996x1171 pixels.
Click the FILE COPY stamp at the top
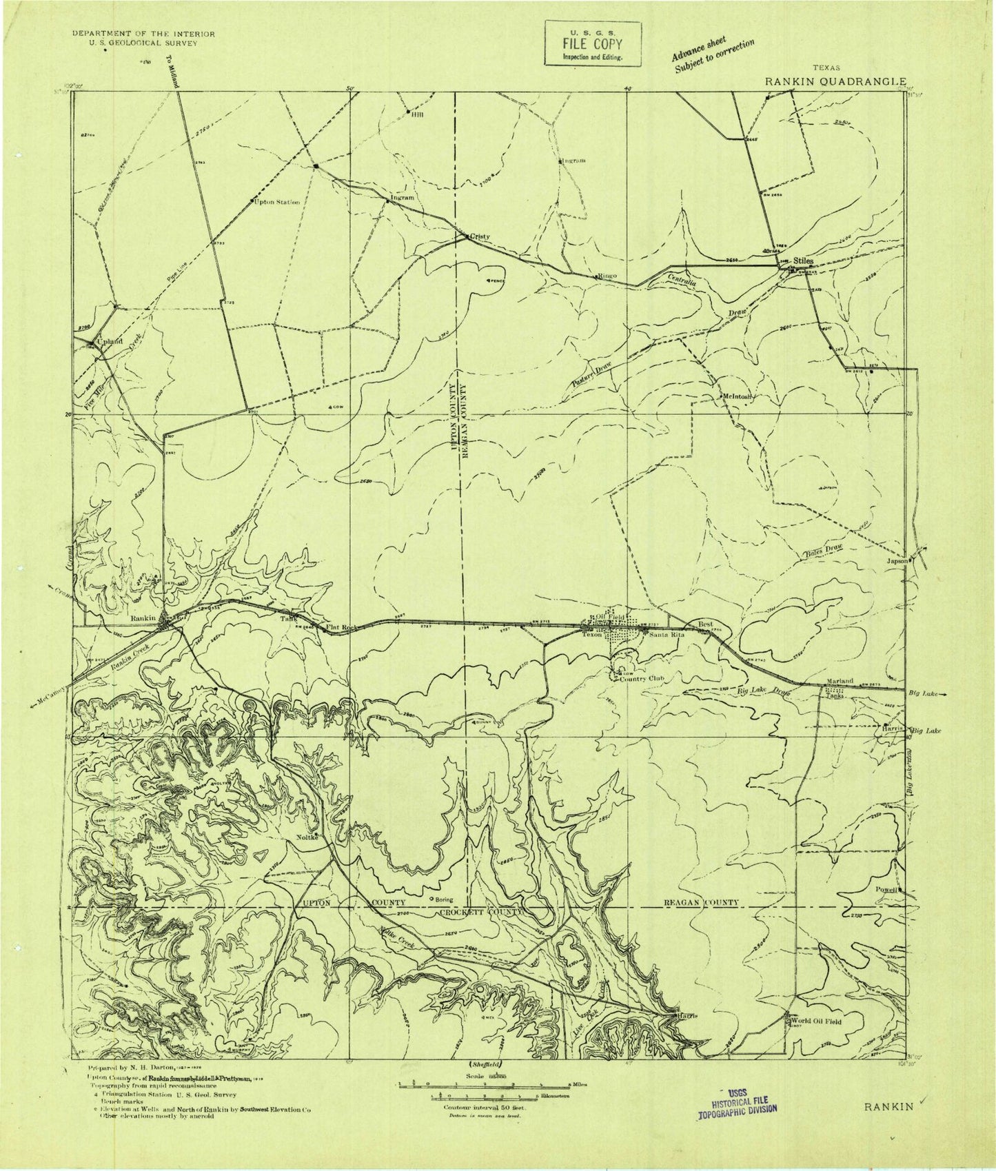[x=593, y=43]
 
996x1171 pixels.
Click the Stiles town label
[x=804, y=261]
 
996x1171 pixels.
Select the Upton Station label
[x=277, y=203]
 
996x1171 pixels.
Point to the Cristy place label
[x=480, y=236]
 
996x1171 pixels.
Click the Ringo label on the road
[x=607, y=276]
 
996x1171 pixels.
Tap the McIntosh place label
[x=737, y=397]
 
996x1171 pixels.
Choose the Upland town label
[x=110, y=341]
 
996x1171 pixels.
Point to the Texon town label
[x=593, y=635]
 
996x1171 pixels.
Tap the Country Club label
[x=645, y=679]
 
